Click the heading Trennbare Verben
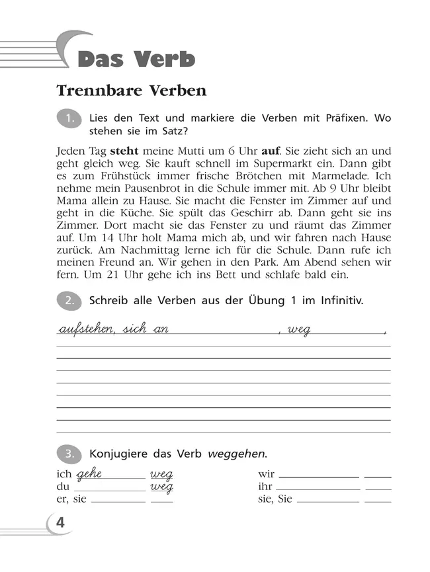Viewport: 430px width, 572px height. click(131, 90)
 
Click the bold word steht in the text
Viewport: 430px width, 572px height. click(124, 150)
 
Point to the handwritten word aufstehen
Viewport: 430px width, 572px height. click(86, 329)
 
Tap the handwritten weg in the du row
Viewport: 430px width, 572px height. click(161, 487)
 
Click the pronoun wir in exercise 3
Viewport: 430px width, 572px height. click(266, 474)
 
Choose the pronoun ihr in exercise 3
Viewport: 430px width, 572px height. click(265, 487)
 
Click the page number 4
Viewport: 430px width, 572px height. click(60, 522)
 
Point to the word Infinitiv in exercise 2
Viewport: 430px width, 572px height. click(338, 300)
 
